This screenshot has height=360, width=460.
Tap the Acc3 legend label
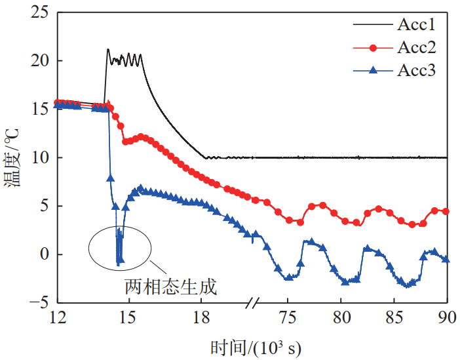pyautogui.click(x=416, y=70)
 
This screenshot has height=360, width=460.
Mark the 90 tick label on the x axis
pyautogui.click(x=447, y=318)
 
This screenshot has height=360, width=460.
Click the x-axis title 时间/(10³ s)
pyautogui.click(x=256, y=346)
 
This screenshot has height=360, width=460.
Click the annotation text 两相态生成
pyautogui.click(x=170, y=287)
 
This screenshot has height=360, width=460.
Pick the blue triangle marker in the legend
pyautogui.click(x=373, y=70)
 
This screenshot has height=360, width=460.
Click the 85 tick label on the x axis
pyautogui.click(x=394, y=318)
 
